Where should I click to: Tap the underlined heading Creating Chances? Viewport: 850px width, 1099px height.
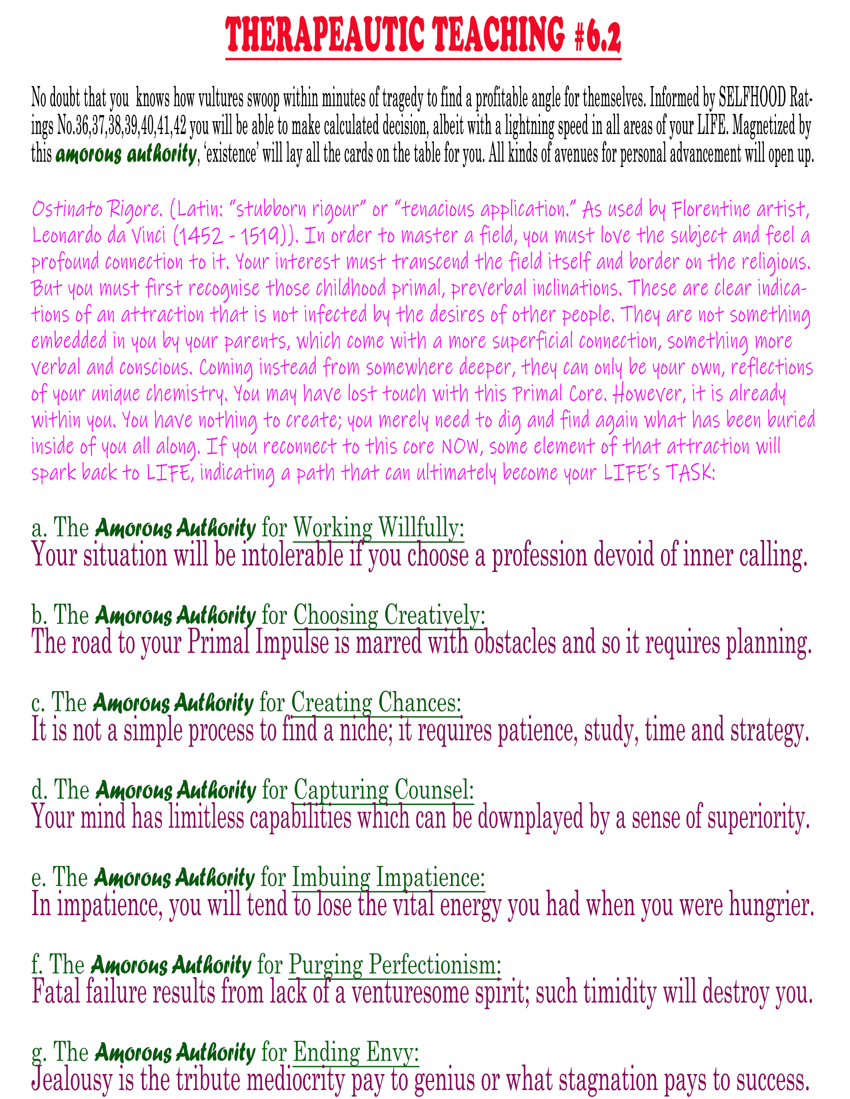pos(376,702)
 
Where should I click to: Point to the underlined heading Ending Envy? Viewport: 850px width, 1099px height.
pos(356,1052)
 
